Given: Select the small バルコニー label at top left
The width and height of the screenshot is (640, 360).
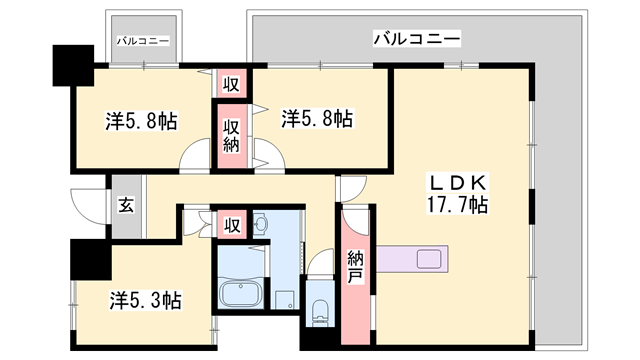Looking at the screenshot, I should [142, 41].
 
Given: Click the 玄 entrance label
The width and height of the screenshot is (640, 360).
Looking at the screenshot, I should [127, 206].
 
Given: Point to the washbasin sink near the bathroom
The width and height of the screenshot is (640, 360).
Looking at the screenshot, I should [260, 222].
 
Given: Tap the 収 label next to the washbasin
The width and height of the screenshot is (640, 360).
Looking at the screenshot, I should [232, 222].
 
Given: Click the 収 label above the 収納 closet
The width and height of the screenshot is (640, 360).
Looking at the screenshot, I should [230, 84].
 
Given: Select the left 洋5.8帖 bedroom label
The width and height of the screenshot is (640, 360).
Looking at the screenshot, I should [143, 121].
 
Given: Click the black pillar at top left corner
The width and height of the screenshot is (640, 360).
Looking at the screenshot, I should [71, 65].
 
